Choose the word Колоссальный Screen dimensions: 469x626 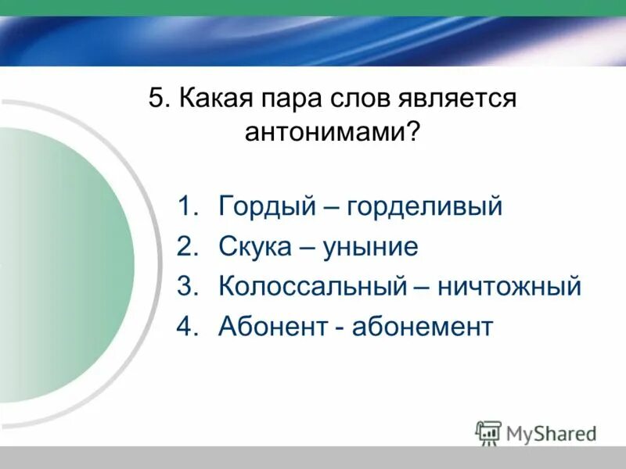coord(312,286)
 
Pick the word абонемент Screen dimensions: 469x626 coord(423,325)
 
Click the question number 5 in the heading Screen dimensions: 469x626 coord(156,99)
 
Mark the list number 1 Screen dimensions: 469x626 coord(185,207)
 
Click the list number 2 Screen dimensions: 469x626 coord(185,247)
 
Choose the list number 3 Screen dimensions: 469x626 coord(185,286)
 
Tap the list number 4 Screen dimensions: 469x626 coord(185,325)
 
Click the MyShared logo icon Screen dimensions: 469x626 coord(488,431)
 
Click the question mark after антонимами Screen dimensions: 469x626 coord(412,131)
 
